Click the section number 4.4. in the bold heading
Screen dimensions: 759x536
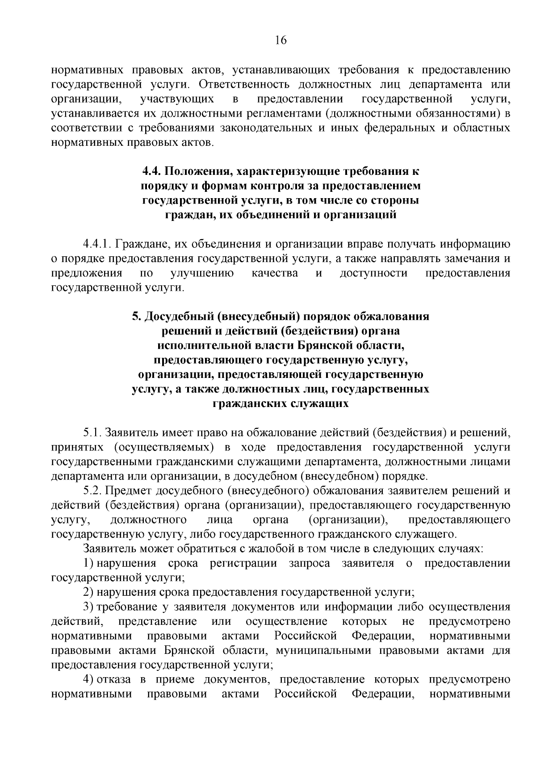coord(152,171)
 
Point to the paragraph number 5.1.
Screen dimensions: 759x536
coord(92,433)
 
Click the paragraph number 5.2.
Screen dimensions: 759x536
coord(92,491)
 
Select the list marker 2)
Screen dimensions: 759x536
coord(88,593)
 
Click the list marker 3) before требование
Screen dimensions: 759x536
coord(88,607)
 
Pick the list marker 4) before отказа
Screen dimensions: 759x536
coord(88,680)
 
